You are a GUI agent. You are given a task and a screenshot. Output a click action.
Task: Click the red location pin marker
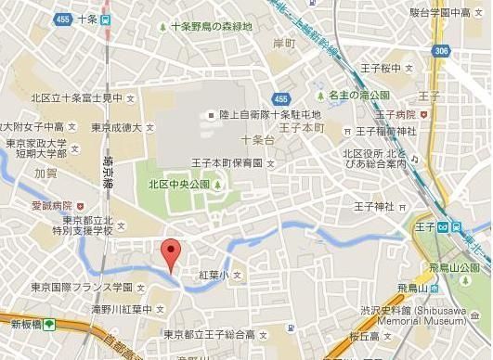[x=169, y=253]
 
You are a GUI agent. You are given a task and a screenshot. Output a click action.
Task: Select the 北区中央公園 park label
[x=179, y=184]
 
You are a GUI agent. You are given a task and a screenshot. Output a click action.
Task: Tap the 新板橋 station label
[x=28, y=324]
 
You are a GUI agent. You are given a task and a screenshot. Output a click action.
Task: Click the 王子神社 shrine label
[x=377, y=205]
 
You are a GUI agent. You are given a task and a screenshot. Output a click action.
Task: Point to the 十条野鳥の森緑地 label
[x=211, y=27]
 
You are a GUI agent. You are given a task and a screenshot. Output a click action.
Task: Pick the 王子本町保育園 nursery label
[x=227, y=163]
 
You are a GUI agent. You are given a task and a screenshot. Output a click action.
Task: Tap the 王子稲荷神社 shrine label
[x=385, y=131]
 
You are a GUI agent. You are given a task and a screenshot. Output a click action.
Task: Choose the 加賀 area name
[x=45, y=173]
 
